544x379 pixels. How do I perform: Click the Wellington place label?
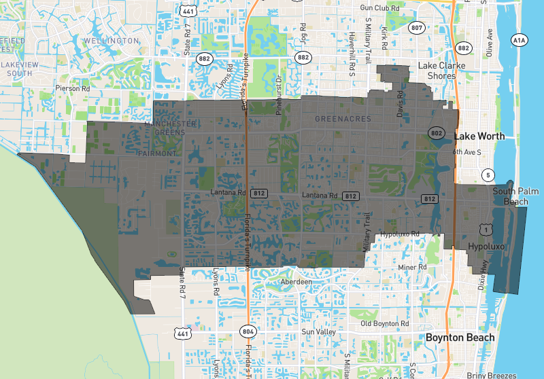point(110,41)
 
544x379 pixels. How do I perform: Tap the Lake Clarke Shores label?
point(441,71)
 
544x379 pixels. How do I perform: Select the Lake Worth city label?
point(479,136)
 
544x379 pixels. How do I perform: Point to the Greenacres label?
point(343,119)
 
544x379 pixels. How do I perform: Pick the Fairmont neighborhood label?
point(156,154)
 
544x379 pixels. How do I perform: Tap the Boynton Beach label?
point(459,338)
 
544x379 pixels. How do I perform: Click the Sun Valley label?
point(318,332)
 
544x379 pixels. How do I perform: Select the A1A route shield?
point(520,40)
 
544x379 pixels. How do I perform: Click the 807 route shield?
point(417,29)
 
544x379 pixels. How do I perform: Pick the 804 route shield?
point(247,331)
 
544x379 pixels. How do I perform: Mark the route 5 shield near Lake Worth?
point(488,175)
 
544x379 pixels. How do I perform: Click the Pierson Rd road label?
point(73,88)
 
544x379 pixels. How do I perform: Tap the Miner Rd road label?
point(412,268)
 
